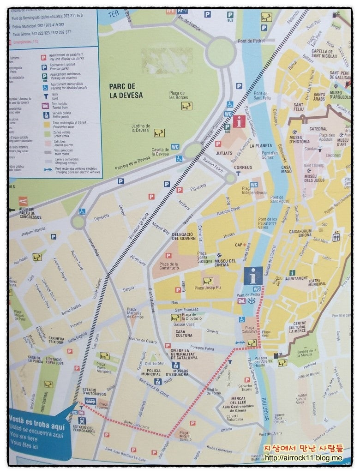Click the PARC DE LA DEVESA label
coord(126,91)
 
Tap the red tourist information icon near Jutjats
coord(239,122)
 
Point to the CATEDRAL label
coord(318,129)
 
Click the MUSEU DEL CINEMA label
coord(225,264)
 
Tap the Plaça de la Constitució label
coord(169,265)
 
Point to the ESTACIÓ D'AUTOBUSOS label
coord(96,392)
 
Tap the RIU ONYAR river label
coord(264,409)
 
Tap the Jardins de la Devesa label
coord(140,128)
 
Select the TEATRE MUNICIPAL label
coord(320,282)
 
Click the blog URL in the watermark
coord(303,458)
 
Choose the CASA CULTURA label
coord(184,333)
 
